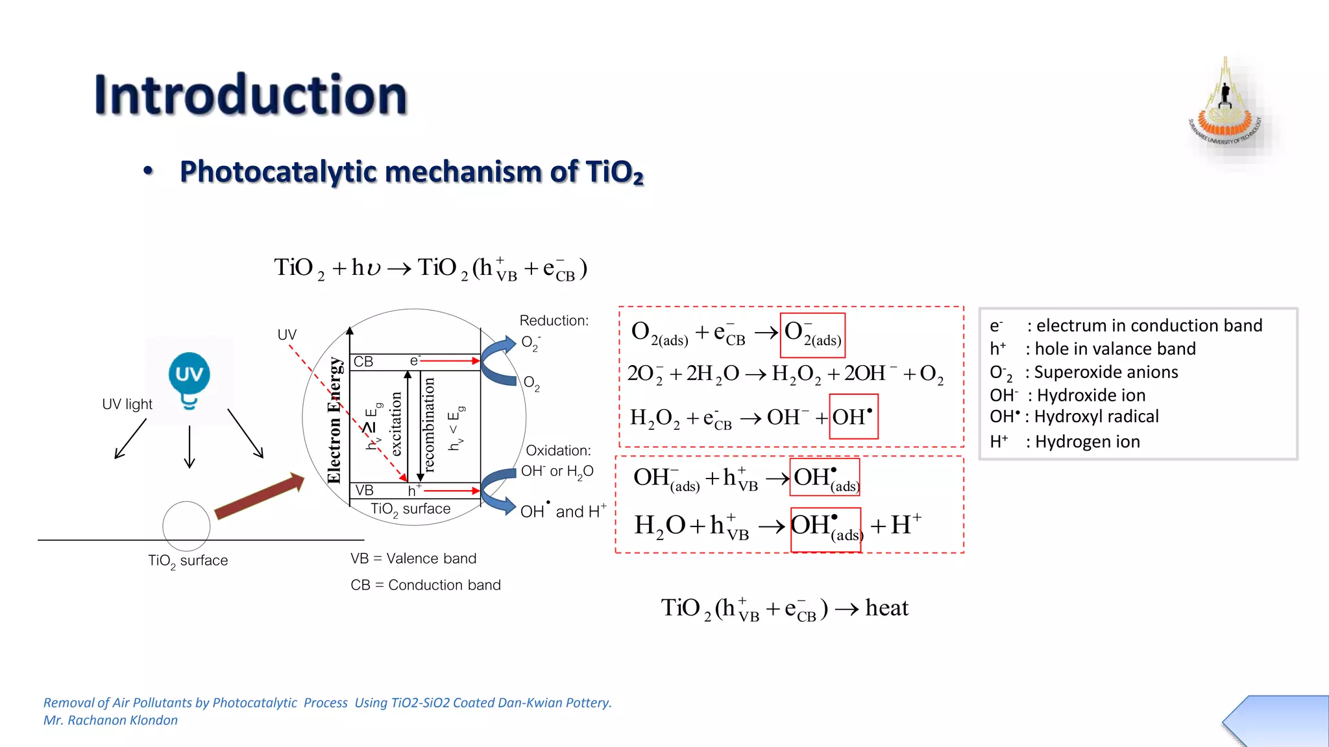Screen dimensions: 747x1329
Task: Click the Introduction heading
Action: coord(250,95)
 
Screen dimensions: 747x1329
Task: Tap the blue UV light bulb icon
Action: coord(189,378)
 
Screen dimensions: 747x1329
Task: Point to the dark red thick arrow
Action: coord(259,496)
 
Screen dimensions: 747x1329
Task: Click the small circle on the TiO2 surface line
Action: coord(186,526)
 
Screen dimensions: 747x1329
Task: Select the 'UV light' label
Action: coord(127,404)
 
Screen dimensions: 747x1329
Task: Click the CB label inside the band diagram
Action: coord(363,361)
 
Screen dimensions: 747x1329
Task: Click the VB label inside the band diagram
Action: coord(364,490)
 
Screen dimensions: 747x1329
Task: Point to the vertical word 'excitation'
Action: coord(396,423)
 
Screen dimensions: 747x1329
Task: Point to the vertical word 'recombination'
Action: coord(428,425)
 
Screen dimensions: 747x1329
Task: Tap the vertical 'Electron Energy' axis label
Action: coord(334,420)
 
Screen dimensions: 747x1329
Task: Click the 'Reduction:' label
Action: coord(554,320)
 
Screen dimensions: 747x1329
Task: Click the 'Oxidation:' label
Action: coord(558,450)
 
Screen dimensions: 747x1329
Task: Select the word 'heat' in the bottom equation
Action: coord(886,608)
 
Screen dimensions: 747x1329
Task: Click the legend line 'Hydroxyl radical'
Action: coord(1095,416)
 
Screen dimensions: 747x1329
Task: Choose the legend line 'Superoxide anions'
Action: coord(1105,372)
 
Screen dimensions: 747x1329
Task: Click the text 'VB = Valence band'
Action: coord(413,558)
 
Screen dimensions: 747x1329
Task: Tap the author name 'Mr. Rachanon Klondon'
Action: coord(110,720)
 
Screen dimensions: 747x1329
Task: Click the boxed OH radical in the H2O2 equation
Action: coord(853,416)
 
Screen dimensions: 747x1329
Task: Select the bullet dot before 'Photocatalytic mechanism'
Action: coord(149,171)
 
